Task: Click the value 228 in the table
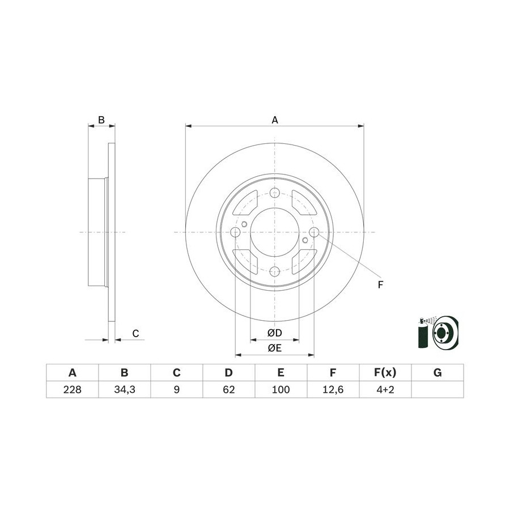click(x=72, y=389)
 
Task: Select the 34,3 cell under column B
click(x=125, y=389)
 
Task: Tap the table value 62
click(x=229, y=389)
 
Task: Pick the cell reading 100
click(x=280, y=389)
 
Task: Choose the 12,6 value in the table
click(x=333, y=389)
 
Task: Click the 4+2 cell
click(x=385, y=389)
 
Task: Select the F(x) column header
click(x=385, y=372)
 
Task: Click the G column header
click(x=437, y=372)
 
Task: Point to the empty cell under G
click(x=437, y=389)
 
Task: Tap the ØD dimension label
click(x=274, y=333)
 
